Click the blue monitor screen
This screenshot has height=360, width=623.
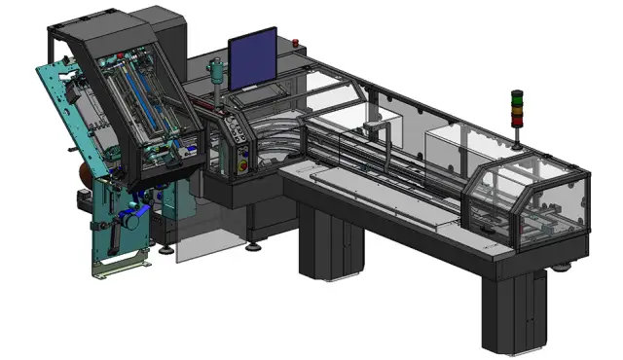[x=252, y=61]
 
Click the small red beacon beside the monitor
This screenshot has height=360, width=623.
[x=294, y=43]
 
